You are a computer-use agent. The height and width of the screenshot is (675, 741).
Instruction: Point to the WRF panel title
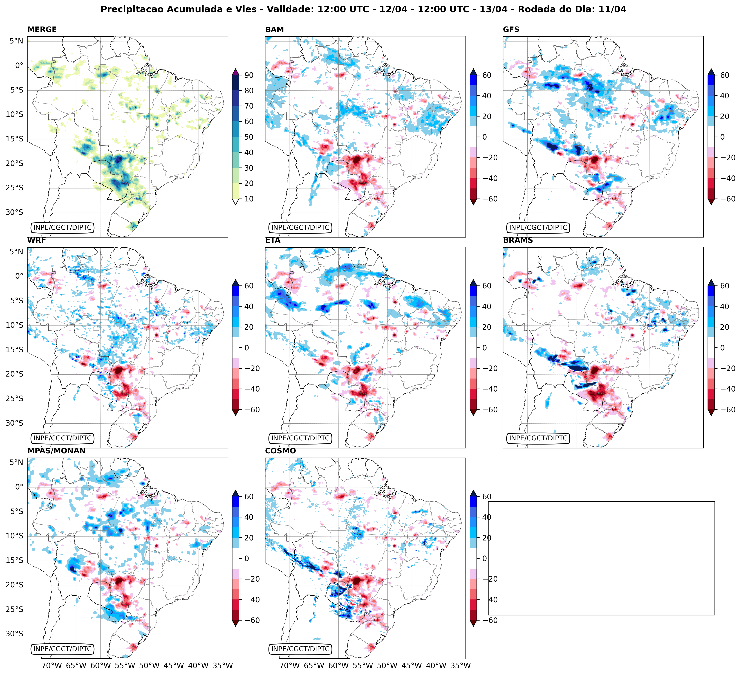tap(36, 240)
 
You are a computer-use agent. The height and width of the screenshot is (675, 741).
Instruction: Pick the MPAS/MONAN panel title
tap(56, 451)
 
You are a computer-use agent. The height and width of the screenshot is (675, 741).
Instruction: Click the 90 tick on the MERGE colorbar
tap(249, 75)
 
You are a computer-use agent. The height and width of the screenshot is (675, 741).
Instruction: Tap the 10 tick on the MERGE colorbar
tap(249, 199)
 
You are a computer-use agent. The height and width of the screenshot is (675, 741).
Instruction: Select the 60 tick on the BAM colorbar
tap(487, 75)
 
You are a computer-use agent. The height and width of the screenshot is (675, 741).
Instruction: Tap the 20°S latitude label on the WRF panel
tap(14, 374)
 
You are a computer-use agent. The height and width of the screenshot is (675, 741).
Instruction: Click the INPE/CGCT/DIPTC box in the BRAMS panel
tap(538, 438)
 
